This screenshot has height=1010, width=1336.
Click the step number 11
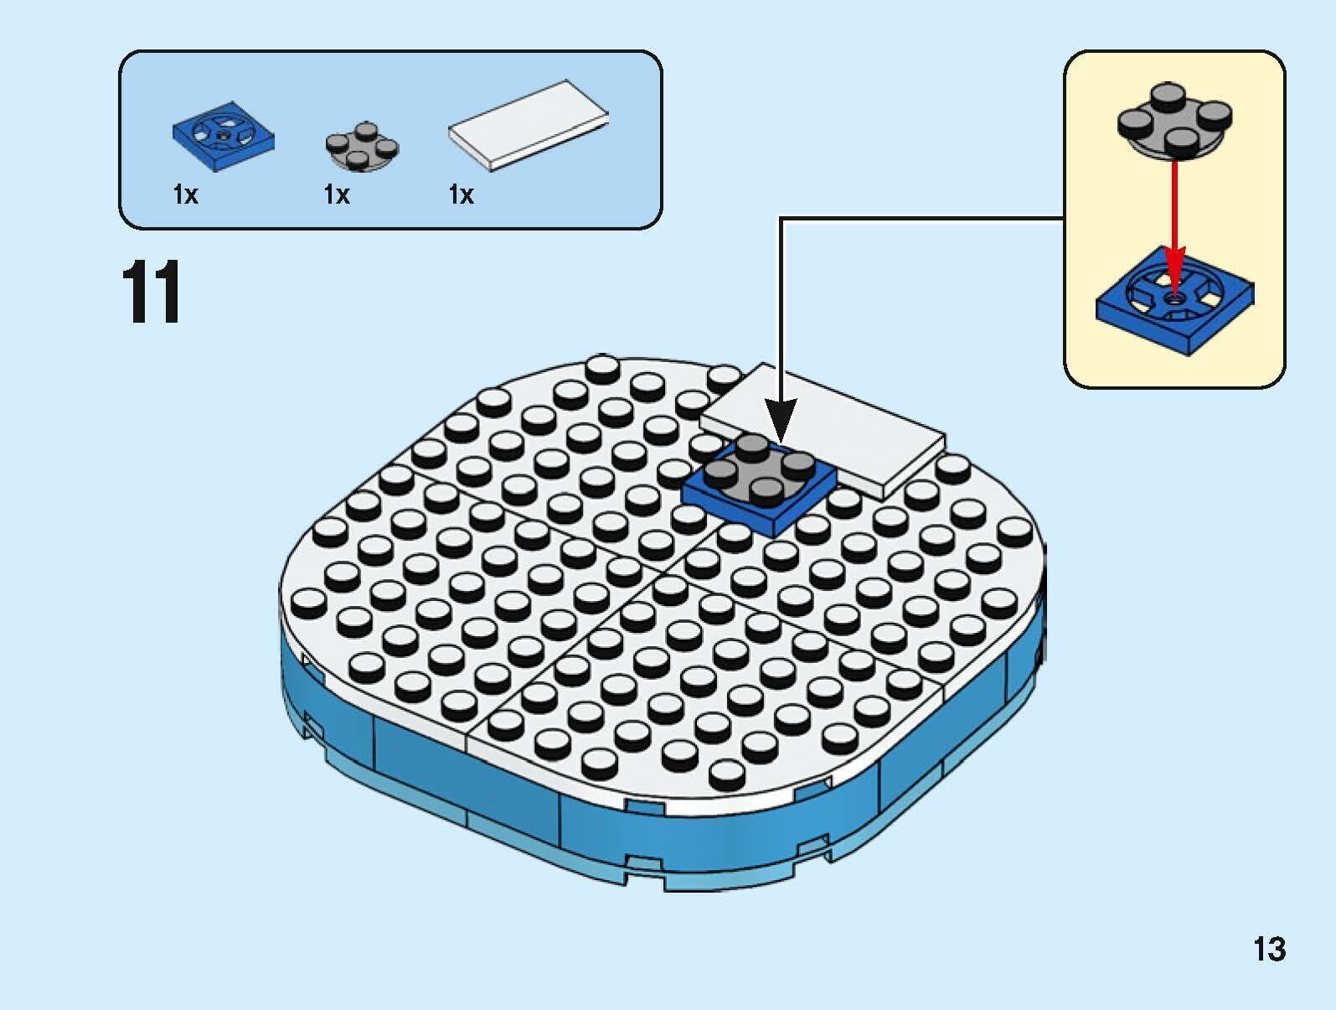coord(152,293)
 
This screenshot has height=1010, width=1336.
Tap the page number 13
coord(1268,949)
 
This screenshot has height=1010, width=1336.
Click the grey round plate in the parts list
coord(361,147)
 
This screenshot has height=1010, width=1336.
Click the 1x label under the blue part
coord(185,195)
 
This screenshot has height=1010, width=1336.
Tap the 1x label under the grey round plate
coord(336,195)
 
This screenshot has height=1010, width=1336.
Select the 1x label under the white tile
coord(461,195)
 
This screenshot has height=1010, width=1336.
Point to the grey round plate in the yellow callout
coord(1174,120)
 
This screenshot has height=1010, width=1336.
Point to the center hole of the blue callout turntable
coord(1174,296)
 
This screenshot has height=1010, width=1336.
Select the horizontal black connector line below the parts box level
coord(921,219)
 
